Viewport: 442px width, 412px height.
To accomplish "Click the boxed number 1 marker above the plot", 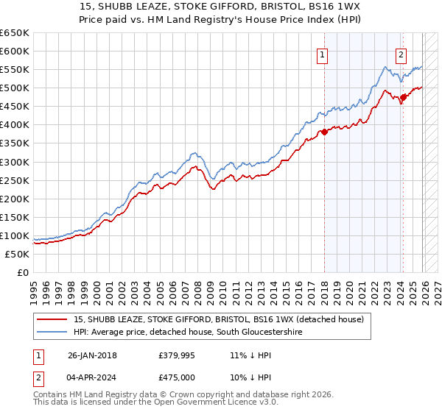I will (x=323, y=54).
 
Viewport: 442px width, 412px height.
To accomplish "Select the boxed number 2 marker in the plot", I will (x=401, y=54).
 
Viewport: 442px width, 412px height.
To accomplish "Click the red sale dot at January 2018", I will (x=324, y=132).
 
